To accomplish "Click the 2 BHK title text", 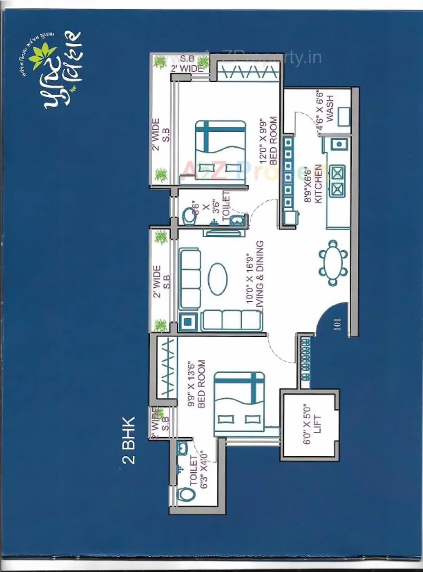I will [x=129, y=440].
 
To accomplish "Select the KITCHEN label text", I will [x=318, y=184].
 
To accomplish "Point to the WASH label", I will [x=330, y=108].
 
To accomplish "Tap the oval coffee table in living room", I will [x=218, y=279].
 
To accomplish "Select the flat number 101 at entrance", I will [x=337, y=324].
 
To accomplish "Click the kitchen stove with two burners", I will [x=337, y=181].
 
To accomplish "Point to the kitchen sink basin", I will [x=339, y=144].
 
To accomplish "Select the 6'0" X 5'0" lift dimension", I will [x=307, y=424].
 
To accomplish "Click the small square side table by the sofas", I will [x=188, y=322].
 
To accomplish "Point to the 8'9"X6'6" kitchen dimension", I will [x=308, y=184].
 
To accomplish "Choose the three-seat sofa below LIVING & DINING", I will [x=232, y=320].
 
